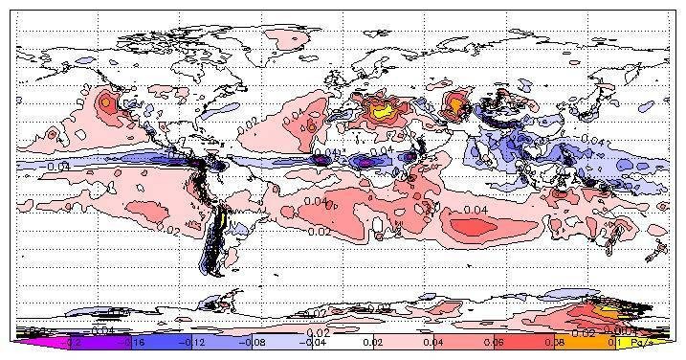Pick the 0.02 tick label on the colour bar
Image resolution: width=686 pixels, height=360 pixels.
375,341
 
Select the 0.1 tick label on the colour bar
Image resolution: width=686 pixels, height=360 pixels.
614,341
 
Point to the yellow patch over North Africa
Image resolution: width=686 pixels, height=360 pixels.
382,111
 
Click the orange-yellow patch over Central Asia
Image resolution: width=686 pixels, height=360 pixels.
456,100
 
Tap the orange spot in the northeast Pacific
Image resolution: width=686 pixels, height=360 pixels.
107,100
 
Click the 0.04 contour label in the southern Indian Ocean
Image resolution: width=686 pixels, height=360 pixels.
476,209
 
